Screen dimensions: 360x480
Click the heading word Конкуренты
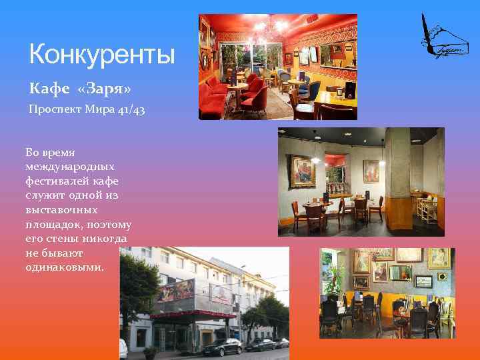[101, 53]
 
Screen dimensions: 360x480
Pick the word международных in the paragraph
[69, 165]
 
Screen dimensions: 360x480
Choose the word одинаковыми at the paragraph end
[65, 266]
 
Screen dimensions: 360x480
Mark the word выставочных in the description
[61, 209]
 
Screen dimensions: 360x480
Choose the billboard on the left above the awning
[174, 292]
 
